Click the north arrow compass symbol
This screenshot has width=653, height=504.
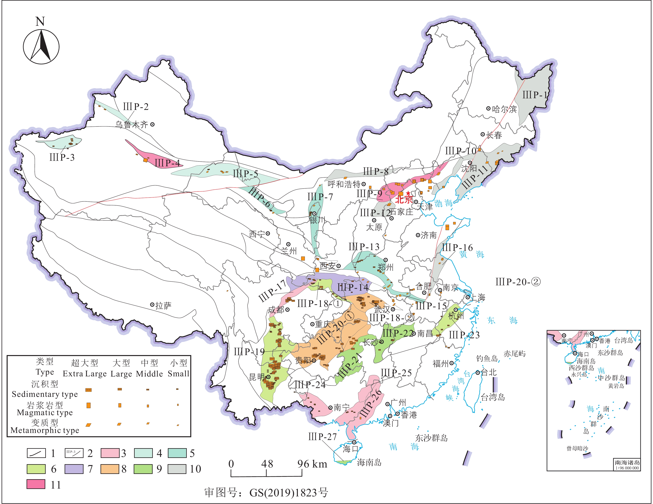coord(41,46)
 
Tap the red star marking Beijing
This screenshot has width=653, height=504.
coord(408,193)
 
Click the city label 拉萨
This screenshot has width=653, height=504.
coord(163,305)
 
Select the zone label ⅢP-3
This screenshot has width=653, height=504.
coord(62,157)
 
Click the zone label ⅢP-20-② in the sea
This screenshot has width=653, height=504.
coord(518,282)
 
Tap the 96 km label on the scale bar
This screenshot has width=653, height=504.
coord(312,464)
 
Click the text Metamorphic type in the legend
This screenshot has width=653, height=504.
coord(45,430)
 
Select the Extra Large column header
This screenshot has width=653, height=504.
coord(85,374)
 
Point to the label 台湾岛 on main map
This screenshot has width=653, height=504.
coord(493,397)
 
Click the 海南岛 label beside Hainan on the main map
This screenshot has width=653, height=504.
coord(369,463)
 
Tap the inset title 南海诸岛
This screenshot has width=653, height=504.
coord(627,462)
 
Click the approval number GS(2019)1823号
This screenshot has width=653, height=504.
coord(288,492)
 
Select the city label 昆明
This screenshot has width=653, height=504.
coord(256,377)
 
